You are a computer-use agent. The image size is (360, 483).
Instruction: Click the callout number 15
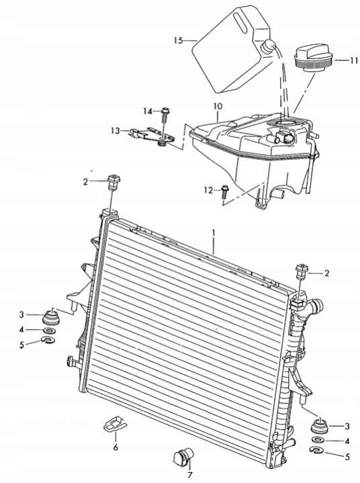tap(178, 40)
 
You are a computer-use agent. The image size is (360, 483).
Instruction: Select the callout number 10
tap(218, 107)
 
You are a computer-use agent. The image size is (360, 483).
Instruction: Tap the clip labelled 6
tap(115, 425)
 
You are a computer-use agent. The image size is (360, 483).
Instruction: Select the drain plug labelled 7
tap(182, 457)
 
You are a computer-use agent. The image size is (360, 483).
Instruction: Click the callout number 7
tap(189, 476)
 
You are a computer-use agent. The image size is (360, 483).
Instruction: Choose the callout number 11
tap(354, 60)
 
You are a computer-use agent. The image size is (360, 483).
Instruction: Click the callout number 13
tap(115, 131)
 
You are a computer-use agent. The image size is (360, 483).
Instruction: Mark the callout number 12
tap(208, 191)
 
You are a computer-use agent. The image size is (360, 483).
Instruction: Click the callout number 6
tap(116, 447)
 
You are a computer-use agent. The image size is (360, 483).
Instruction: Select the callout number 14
tap(148, 112)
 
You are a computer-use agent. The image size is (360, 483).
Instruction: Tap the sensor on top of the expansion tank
tap(283, 136)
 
